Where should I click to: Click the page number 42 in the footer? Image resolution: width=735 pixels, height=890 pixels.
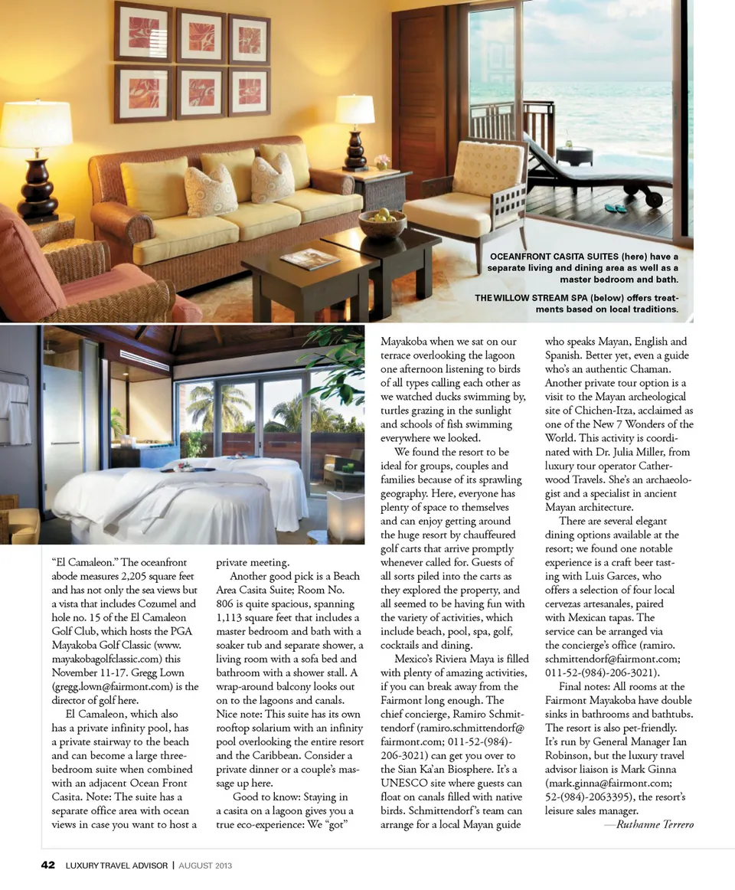tap(47, 865)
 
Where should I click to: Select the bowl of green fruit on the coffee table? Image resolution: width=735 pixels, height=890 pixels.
tap(382, 223)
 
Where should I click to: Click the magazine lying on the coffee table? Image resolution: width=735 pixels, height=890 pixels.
tap(309, 259)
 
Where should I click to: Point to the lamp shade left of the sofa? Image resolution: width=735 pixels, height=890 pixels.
tap(35, 125)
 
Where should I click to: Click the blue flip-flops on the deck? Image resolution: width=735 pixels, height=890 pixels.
tap(615, 208)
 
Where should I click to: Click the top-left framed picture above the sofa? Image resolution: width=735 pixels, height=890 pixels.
tap(143, 32)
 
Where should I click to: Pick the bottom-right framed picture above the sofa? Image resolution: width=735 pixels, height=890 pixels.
tap(250, 91)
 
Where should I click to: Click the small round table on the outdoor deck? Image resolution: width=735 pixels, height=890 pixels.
tap(573, 154)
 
